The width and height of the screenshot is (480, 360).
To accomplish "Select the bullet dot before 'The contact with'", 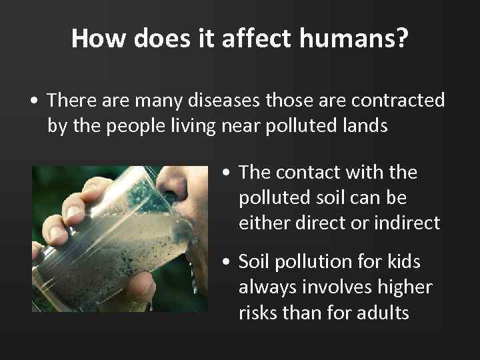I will pos(227,173).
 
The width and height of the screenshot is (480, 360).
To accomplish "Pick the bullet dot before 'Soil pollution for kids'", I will pos(227,263).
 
